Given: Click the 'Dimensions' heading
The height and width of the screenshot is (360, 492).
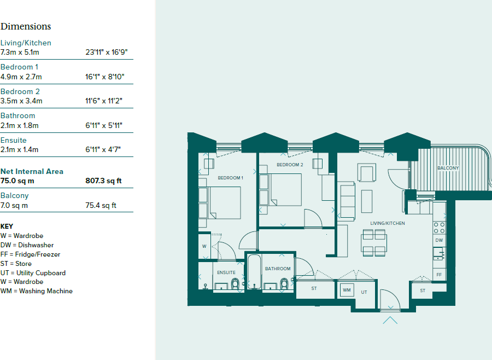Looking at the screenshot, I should (26, 26).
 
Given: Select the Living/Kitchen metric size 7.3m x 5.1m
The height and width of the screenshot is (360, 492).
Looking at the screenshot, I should (20, 53).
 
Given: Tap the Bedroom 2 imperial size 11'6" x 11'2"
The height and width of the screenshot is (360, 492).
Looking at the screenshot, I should (104, 101).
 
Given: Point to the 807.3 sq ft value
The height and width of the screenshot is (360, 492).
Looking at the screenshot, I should (103, 181).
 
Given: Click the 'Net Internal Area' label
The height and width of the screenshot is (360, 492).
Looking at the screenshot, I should (32, 171).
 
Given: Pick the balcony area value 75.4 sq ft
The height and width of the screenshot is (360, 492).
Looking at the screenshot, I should (101, 206).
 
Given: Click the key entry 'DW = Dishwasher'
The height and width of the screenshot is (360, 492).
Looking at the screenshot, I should (28, 245).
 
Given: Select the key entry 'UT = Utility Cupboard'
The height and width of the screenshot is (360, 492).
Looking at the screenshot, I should (33, 272).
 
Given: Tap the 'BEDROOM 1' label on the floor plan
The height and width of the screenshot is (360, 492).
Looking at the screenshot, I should (230, 178).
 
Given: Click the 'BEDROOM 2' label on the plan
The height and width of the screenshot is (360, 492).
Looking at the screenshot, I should (290, 165).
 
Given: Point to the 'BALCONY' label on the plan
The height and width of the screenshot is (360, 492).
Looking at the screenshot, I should (448, 168).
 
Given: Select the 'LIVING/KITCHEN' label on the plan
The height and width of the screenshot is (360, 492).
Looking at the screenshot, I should (388, 223).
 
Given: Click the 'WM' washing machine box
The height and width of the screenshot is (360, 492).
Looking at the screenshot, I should (347, 290).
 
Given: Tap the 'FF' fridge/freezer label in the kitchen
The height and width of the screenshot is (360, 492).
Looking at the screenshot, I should (438, 274).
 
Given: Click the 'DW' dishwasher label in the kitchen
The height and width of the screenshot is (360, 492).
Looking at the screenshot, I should (439, 240).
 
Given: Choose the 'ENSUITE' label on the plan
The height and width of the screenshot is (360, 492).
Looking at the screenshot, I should (226, 272).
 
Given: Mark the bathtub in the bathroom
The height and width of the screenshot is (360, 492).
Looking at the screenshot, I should (253, 272).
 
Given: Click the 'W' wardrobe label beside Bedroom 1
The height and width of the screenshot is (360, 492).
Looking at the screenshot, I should (204, 246).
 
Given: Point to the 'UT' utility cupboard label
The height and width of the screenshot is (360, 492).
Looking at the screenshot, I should (364, 292).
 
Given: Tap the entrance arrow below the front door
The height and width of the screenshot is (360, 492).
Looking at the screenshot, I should (390, 320).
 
